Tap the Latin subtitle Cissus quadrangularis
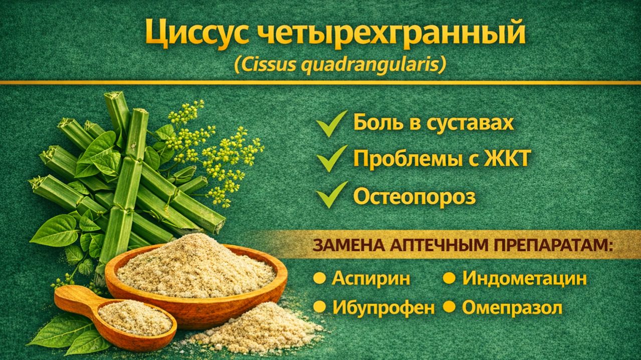(339, 65)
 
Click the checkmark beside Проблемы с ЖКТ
(331, 158)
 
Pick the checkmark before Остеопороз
(331, 195)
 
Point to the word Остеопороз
(414, 197)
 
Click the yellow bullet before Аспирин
(319, 278)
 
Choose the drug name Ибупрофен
(383, 308)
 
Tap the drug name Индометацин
(524, 278)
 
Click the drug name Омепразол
(512, 308)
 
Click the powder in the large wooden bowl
(195, 266)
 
